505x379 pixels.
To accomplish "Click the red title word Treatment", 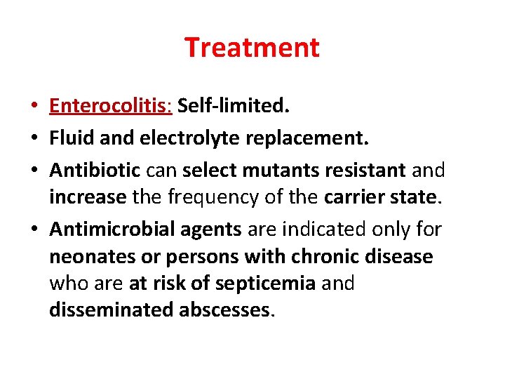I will pos(252,48).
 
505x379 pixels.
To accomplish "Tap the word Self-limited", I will pos(233,107).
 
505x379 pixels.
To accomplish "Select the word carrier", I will pos(355,197).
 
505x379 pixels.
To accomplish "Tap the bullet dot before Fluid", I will pos(34,139).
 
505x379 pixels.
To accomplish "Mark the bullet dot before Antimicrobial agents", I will pos(34,230).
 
